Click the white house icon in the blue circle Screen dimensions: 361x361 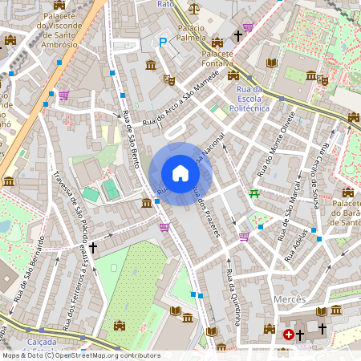pos(180,173)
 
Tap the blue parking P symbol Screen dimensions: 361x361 pos(163,43)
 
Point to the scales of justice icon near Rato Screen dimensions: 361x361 pos(194,9)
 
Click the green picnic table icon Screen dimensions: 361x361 pos(255,193)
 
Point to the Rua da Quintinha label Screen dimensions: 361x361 pos(233,298)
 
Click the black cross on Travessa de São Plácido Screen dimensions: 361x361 pos(93,249)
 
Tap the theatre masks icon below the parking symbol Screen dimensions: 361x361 pos(168,79)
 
